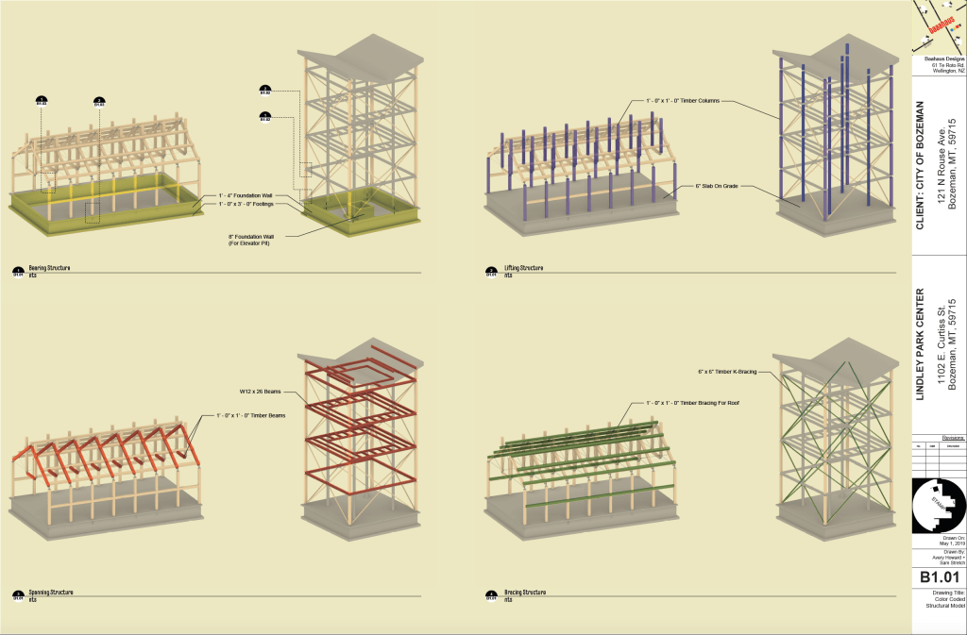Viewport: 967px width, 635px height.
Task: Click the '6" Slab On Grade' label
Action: pos(717,186)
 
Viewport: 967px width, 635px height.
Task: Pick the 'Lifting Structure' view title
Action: pos(523,268)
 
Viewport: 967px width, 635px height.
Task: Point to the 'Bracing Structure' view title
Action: pos(524,593)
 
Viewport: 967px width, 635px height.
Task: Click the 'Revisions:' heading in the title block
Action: pos(951,437)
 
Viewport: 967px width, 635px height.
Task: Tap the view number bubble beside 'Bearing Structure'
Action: pos(19,272)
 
